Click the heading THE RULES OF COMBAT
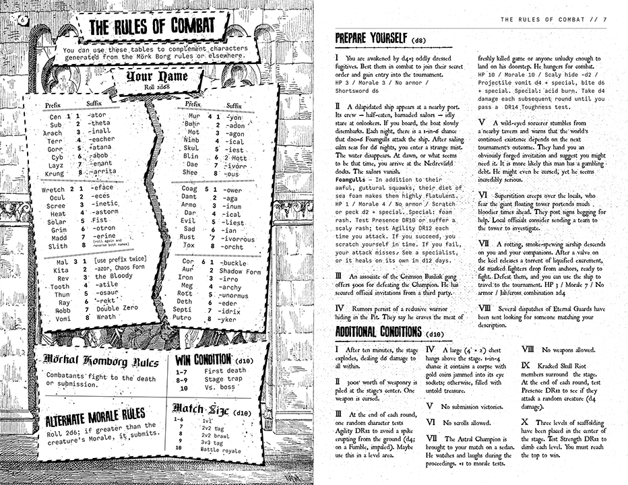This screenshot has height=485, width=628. pos(152,28)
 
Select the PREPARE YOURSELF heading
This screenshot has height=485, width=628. pos(370,38)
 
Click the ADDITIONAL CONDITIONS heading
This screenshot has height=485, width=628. pos(379,332)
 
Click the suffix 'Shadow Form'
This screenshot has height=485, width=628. pos(239,271)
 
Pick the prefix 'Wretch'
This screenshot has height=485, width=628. pos(53,190)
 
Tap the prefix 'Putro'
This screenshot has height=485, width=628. pos(181,317)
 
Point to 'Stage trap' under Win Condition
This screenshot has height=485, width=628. pos(224,379)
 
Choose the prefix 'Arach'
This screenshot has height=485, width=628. pos(53,133)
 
